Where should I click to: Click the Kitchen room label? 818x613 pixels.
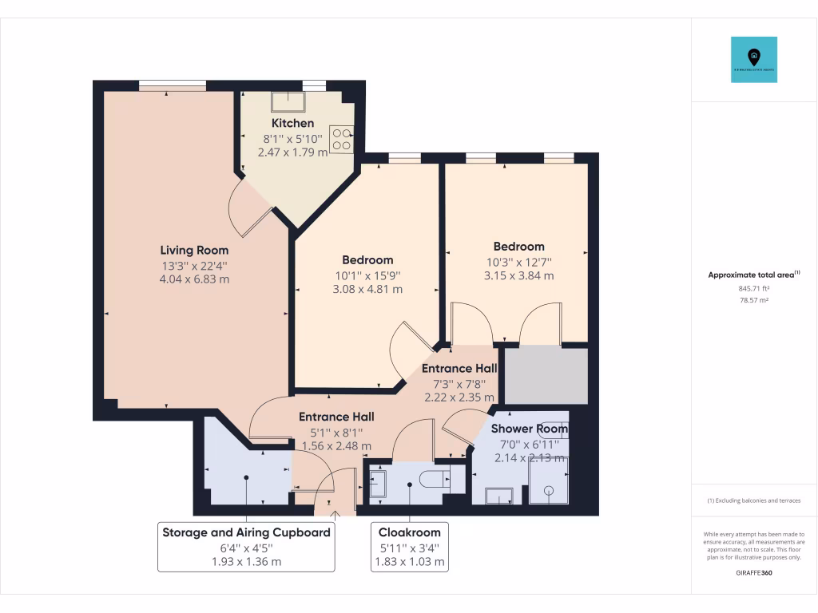[x=292, y=123]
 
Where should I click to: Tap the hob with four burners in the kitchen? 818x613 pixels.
[x=342, y=139]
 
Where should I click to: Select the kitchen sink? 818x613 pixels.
[x=284, y=101]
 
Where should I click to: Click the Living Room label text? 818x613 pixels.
[x=194, y=250]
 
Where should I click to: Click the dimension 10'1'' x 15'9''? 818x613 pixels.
[x=367, y=275]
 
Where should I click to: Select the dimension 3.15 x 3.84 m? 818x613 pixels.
[x=518, y=275]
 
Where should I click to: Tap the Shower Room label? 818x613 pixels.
[x=529, y=429]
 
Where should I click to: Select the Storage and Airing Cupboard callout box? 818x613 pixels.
[x=246, y=547]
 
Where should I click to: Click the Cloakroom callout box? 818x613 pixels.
[x=410, y=547]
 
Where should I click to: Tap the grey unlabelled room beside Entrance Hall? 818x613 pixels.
[x=546, y=375]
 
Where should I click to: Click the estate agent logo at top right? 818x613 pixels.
[x=753, y=59]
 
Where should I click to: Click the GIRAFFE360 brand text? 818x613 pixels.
[x=753, y=572]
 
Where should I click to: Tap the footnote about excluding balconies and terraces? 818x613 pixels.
[x=753, y=500]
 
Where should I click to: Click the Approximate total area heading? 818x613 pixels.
[x=753, y=274]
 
